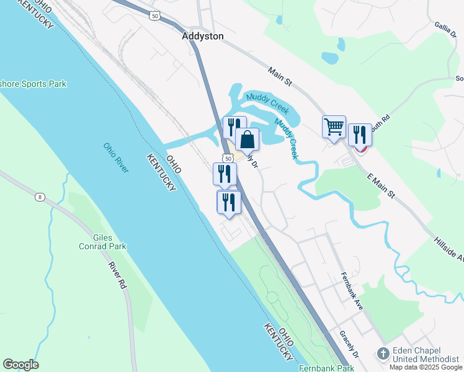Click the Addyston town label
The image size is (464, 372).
[203, 37]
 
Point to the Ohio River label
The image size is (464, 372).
[116, 158]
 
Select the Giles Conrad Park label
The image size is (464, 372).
[109, 241]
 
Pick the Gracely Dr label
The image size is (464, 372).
[349, 345]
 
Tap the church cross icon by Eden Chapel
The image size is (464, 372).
[383, 354]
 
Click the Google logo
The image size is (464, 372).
[20, 365]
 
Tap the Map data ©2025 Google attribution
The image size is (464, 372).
[426, 367]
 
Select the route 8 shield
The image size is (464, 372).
[40, 197]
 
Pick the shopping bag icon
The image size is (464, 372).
[247, 139]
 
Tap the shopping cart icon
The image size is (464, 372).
[334, 127]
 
